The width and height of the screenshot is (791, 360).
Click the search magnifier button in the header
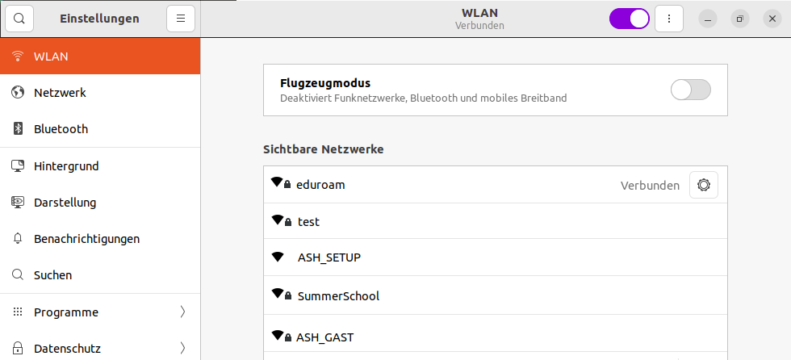[x=19, y=19]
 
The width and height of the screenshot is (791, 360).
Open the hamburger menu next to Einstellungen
[x=181, y=19]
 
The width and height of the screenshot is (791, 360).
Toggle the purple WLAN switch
[x=630, y=19]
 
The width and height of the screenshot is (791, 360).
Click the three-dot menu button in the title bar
[x=669, y=19]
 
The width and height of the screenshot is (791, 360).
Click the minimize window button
[x=708, y=19]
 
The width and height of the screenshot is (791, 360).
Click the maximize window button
[x=740, y=19]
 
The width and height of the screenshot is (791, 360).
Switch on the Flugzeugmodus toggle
[x=691, y=90]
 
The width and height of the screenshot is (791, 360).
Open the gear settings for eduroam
[x=704, y=185]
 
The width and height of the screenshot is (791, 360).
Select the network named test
[x=308, y=222]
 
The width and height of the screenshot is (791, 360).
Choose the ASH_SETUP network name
[x=329, y=257]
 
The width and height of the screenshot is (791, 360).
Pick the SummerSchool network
[x=338, y=296]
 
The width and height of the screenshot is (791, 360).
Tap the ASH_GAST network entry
[x=324, y=337]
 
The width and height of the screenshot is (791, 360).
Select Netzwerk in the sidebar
[x=60, y=93]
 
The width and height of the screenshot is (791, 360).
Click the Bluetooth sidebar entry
[x=61, y=129]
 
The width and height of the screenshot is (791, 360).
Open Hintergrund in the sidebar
[x=66, y=166]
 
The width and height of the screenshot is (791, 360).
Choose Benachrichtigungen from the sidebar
[x=87, y=239]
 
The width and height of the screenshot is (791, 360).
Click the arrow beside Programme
[x=182, y=312]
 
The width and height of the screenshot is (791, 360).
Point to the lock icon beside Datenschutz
[x=18, y=349]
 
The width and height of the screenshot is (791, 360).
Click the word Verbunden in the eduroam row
[x=650, y=186]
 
